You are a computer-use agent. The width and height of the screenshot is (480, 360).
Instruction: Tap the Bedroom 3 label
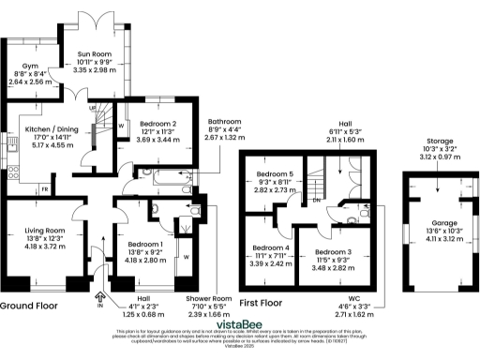coord(333,252)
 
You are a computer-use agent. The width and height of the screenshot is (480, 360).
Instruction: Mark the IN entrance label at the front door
coord(99,305)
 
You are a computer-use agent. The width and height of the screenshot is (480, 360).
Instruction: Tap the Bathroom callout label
coord(228,122)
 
